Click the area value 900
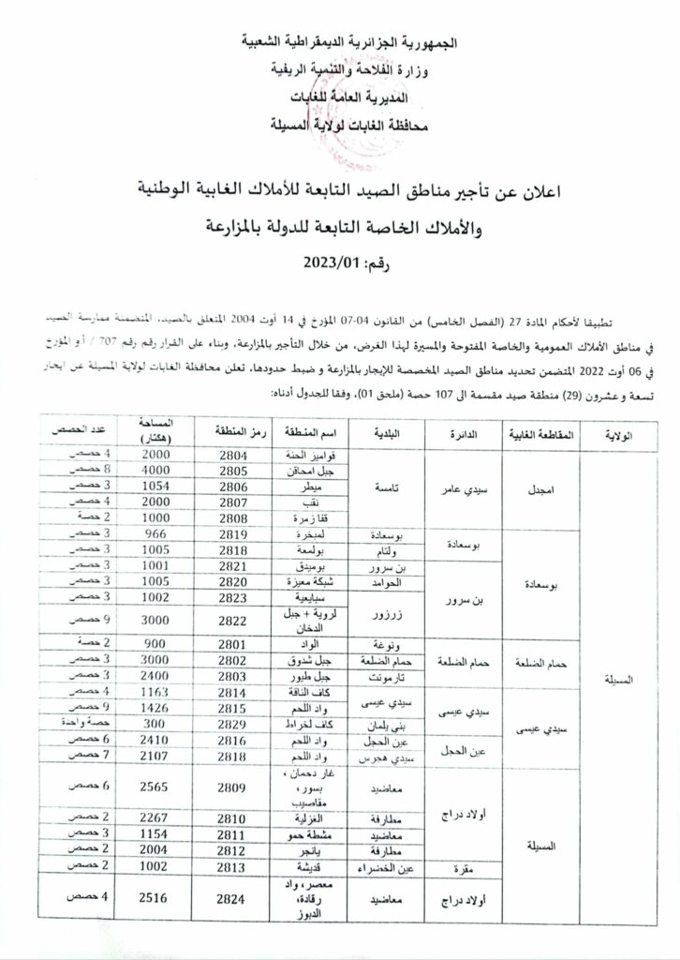[x=158, y=644]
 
